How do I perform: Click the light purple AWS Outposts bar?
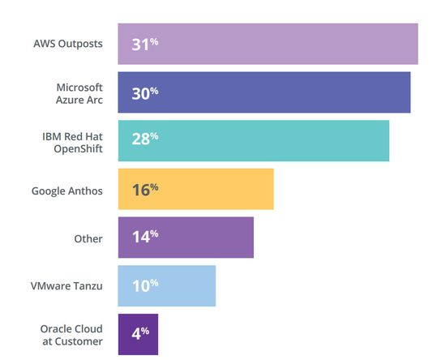(268, 44)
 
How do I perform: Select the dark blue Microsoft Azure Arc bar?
(263, 92)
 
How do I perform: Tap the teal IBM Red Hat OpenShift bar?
(253, 140)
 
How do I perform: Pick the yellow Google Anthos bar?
(195, 189)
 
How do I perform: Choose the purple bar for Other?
(186, 238)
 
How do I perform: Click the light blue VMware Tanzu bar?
(166, 285)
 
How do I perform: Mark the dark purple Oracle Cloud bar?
(138, 334)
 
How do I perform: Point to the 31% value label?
(144, 44)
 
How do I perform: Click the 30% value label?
(144, 92)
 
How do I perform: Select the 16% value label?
(144, 189)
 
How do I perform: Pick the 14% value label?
(144, 238)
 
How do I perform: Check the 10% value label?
(144, 285)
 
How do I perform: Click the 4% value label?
(140, 334)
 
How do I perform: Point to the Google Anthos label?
(67, 191)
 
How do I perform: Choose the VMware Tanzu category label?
(67, 286)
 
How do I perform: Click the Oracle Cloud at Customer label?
(71, 335)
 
